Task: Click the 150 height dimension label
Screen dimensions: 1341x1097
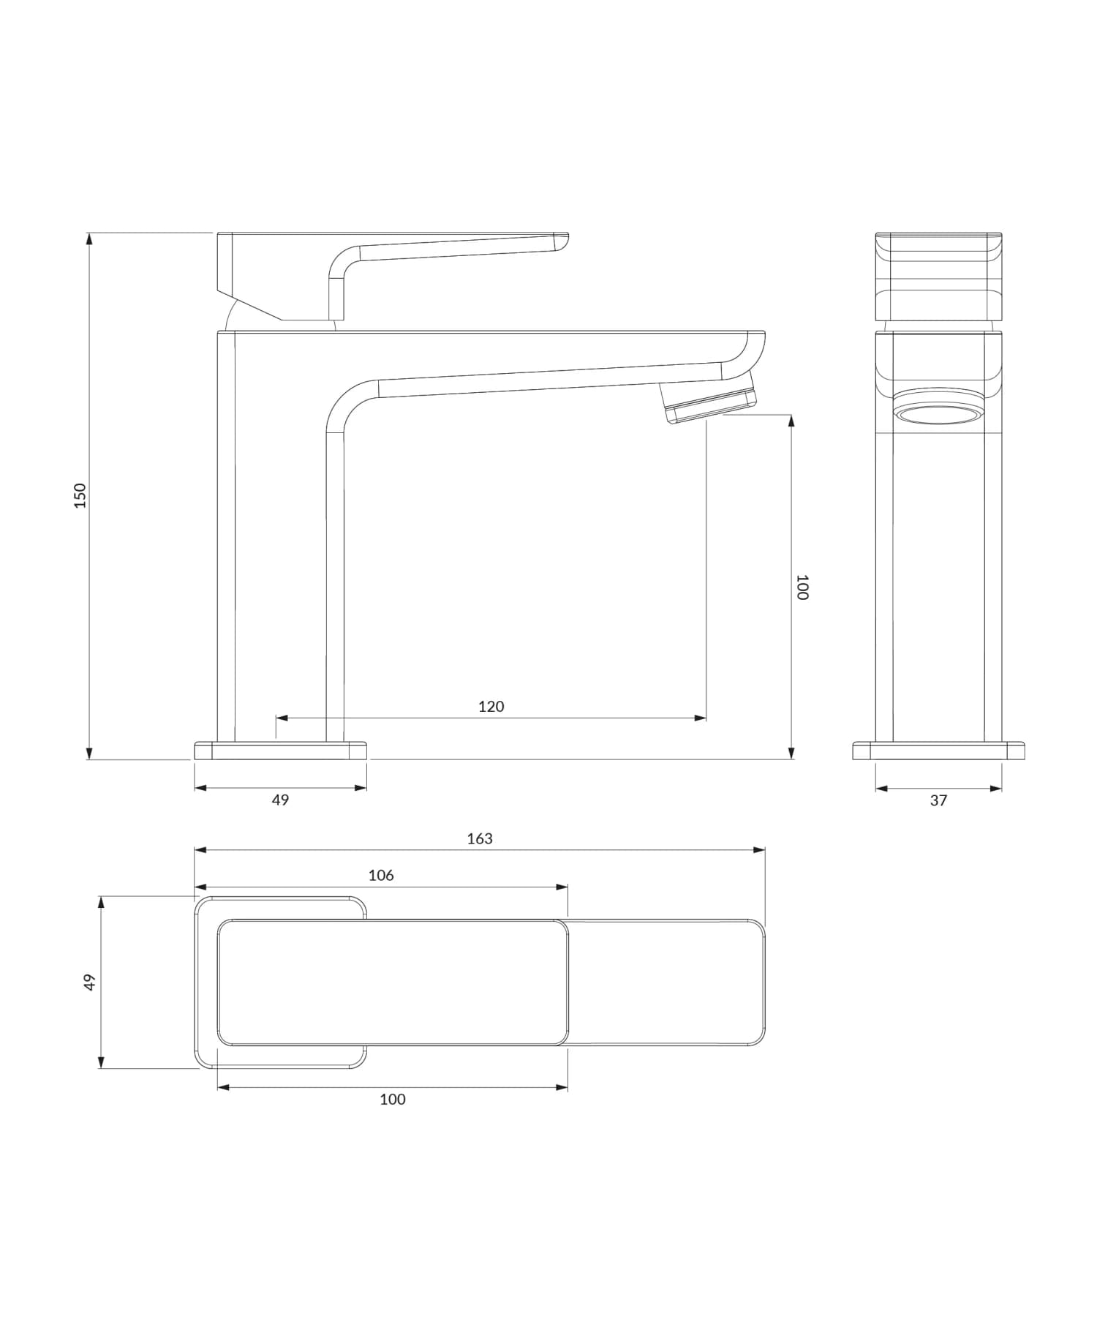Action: (80, 495)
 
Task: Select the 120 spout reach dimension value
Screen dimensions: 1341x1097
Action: (491, 706)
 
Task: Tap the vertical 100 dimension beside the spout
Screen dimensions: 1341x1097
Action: (802, 587)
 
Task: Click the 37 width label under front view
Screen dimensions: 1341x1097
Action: (938, 800)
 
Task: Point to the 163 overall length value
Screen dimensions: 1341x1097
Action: (480, 838)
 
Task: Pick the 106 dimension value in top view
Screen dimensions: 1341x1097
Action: (381, 875)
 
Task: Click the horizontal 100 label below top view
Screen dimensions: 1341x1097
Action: (393, 1099)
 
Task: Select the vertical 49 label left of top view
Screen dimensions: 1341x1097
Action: (89, 982)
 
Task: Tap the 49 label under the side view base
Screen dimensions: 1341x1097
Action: (280, 800)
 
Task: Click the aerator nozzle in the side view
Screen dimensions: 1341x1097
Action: (708, 402)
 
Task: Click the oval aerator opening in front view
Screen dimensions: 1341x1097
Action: (938, 416)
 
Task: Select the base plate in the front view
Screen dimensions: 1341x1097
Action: (938, 751)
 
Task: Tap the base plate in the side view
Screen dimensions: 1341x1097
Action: (280, 751)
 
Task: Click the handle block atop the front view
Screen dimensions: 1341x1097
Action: (938, 277)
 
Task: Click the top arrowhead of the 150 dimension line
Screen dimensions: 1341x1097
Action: (89, 238)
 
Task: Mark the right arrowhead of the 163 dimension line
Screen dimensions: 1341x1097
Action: (760, 850)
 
